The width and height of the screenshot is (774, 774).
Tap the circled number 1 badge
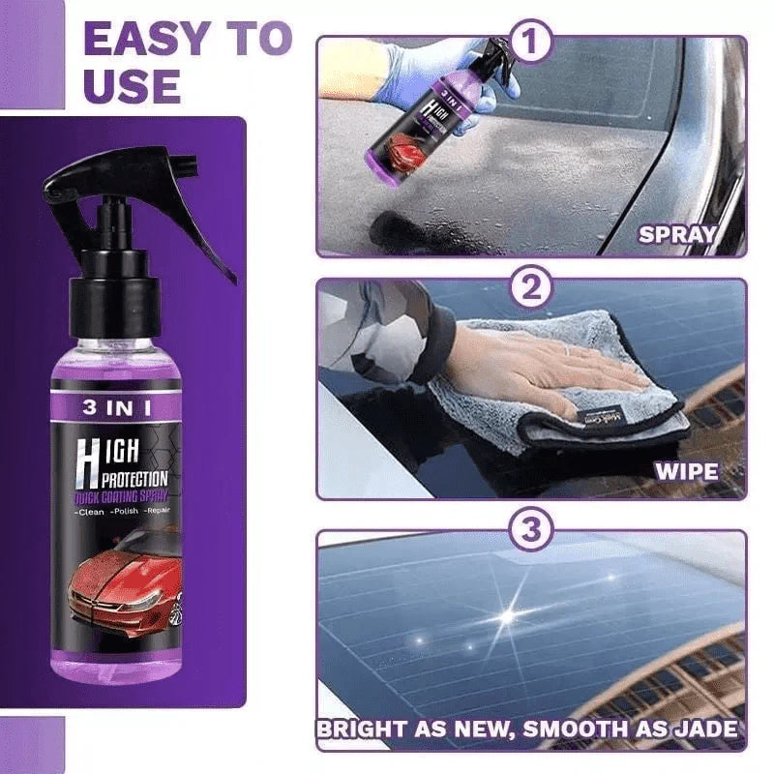coord(531,43)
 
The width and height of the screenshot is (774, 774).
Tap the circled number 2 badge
coord(531,288)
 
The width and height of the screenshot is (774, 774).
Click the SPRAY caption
coord(676,234)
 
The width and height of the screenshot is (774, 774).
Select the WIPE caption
coord(687,472)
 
